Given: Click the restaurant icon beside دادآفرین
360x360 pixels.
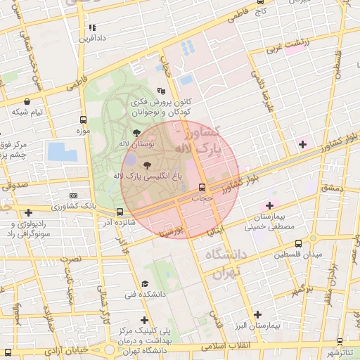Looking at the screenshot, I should [91, 28].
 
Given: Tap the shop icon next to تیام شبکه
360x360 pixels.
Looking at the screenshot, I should [27, 101].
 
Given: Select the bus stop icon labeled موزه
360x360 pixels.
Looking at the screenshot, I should [84, 120].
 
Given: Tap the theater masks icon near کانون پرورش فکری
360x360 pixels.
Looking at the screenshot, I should [161, 91].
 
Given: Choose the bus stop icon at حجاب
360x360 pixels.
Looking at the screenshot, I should [202, 187].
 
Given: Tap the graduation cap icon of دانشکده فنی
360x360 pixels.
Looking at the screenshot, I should [144, 283].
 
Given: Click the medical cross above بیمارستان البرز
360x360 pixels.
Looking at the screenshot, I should [257, 315].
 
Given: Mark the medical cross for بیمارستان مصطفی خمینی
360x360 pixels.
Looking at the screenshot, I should [269, 205].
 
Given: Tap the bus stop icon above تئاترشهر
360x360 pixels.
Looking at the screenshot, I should [342, 340].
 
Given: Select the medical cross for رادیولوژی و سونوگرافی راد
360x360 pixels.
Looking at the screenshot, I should [27, 212].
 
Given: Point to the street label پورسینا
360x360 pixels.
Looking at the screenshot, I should [173, 230].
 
